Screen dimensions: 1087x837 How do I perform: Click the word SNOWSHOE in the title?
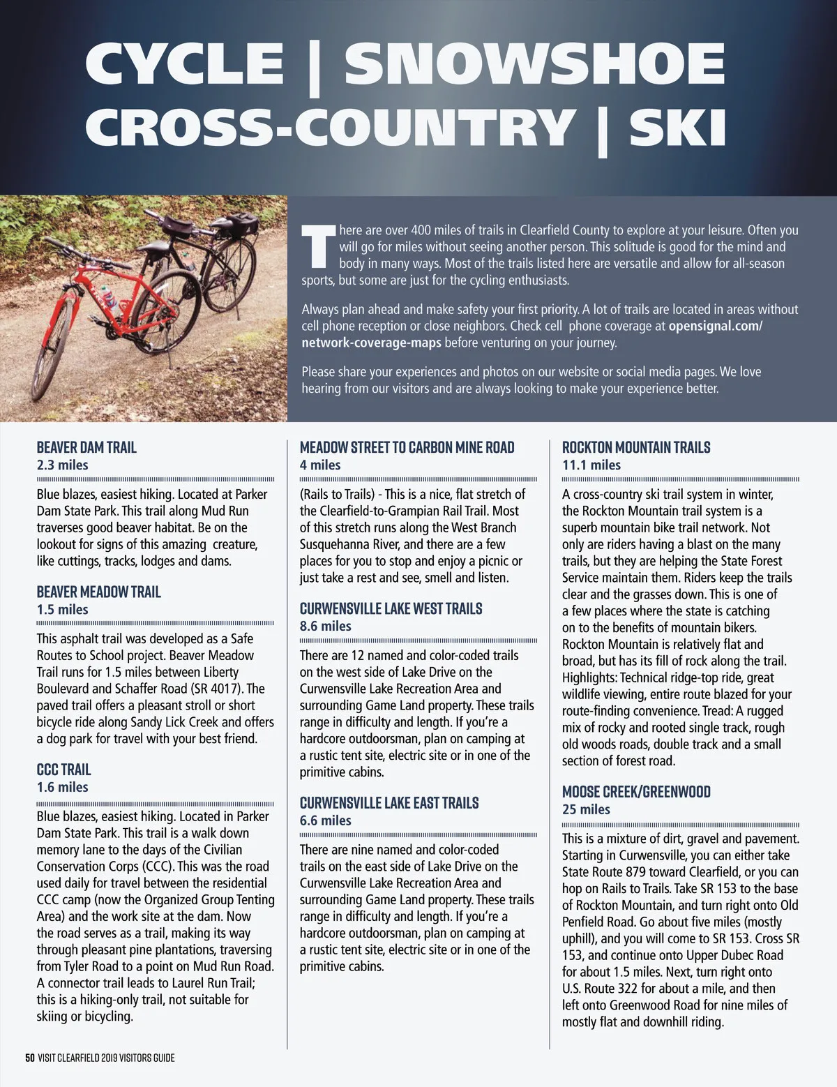click(x=534, y=63)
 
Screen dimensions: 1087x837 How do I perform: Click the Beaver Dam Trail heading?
click(x=86, y=448)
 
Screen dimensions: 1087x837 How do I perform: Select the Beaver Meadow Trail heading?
click(x=98, y=592)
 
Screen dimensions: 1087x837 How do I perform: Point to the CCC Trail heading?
click(x=63, y=770)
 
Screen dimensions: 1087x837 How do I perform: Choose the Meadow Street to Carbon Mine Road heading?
click(x=407, y=448)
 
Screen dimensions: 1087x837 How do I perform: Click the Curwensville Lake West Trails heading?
click(x=391, y=609)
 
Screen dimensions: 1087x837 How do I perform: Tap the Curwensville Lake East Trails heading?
click(x=389, y=803)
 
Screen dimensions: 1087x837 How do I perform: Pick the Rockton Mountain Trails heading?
click(x=636, y=448)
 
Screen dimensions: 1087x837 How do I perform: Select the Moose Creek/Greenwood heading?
click(x=636, y=792)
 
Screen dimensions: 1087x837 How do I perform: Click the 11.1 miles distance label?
click(x=591, y=465)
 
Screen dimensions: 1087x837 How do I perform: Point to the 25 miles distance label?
click(x=586, y=809)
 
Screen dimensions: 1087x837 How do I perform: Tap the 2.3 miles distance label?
click(x=63, y=465)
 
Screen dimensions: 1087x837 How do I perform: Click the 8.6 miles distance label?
click(x=326, y=627)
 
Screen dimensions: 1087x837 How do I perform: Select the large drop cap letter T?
click(x=317, y=246)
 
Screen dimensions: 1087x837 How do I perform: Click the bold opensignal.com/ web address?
click(x=715, y=327)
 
